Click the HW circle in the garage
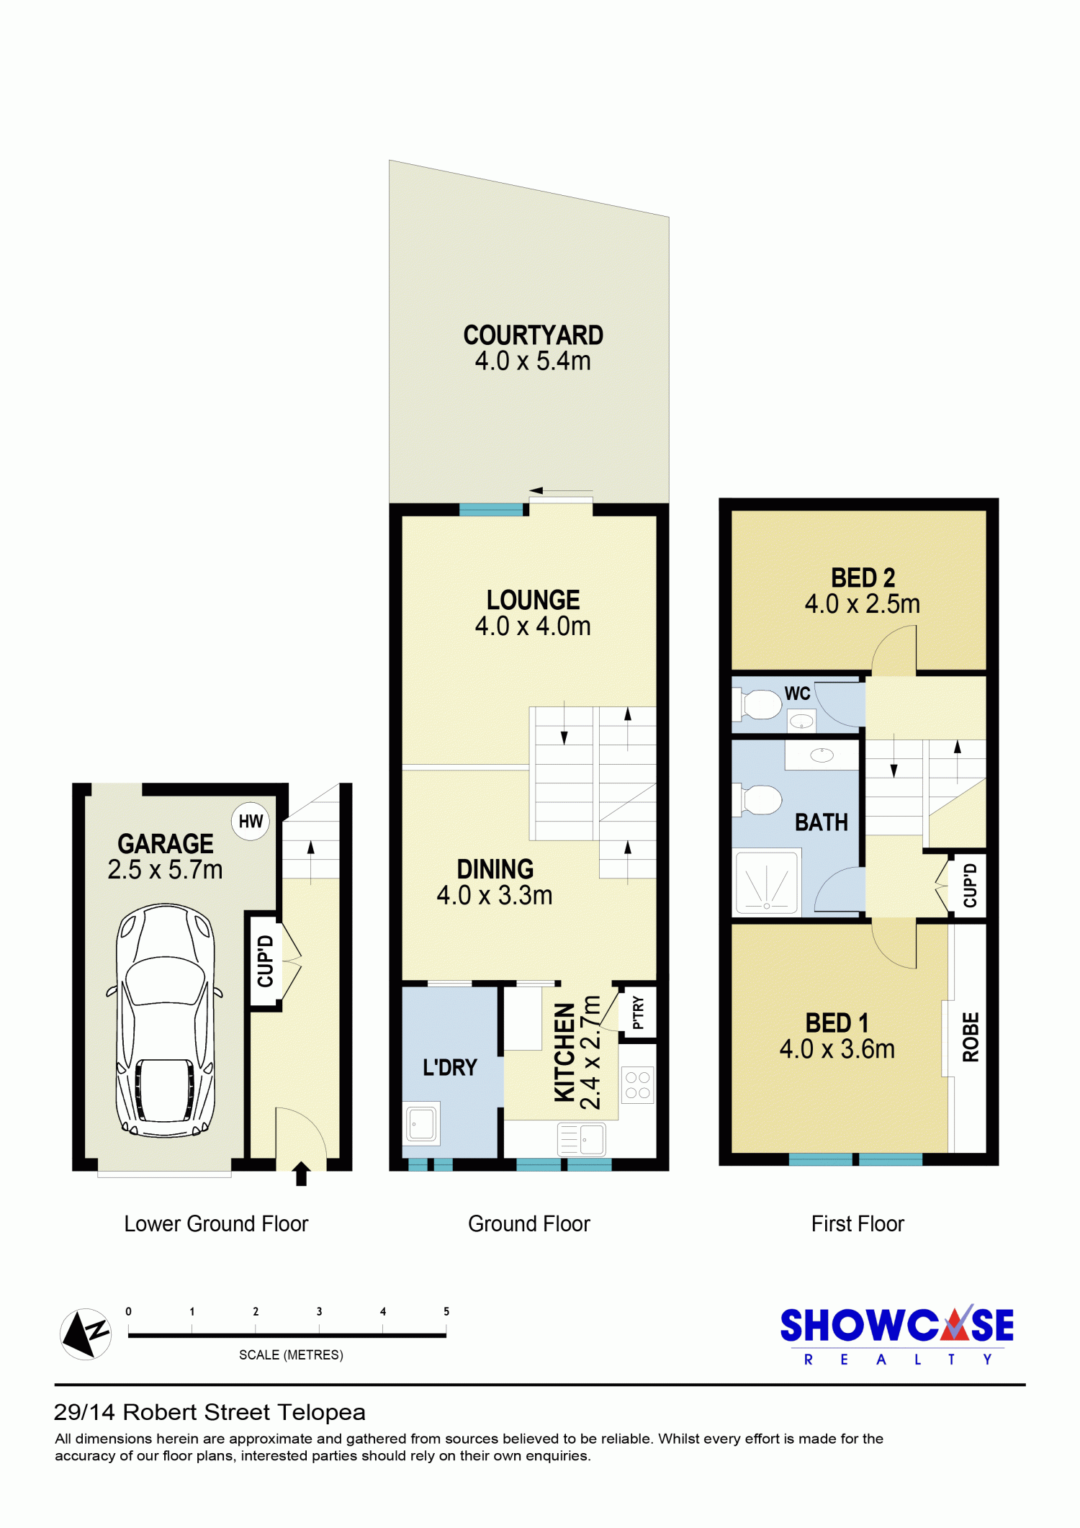pos(251,821)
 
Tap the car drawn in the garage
pos(165,1020)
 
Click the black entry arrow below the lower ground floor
pos(302,1173)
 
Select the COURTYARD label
pos(533,336)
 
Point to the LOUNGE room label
pos(533,600)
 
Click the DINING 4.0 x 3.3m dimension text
pos(495,895)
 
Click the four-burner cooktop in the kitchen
pos(638,1085)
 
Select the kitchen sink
pos(582,1140)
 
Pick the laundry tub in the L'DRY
pos(423,1123)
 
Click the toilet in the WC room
pos(757,704)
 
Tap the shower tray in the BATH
pos(766,882)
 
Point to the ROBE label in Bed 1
pos(971,1037)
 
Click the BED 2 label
pos(863,578)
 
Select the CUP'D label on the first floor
pos(970,885)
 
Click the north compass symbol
pos(86,1334)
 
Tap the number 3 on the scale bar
pos(319,1311)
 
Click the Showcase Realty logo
pos(897,1334)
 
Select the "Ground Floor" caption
pos(529,1223)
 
